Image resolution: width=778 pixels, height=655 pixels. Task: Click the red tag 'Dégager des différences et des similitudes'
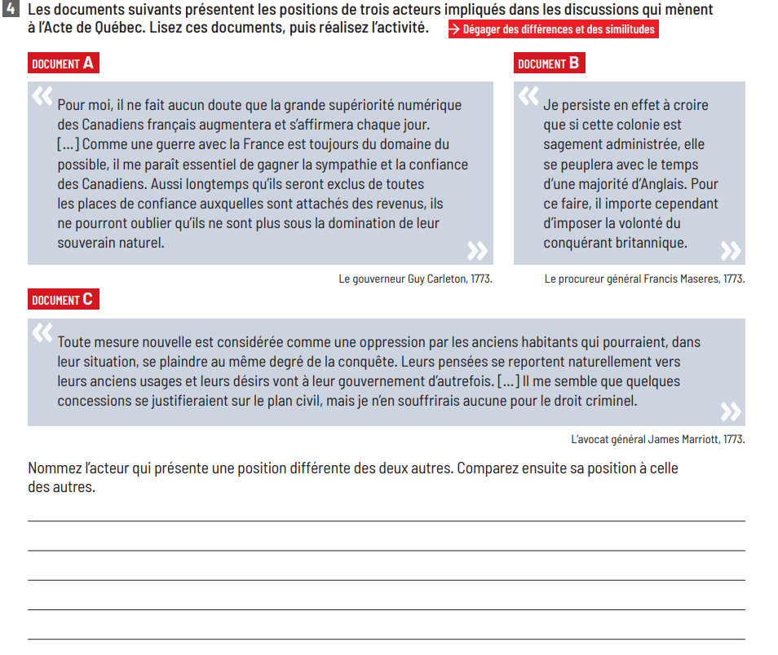click(552, 29)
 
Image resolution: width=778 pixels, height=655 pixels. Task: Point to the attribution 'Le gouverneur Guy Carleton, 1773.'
click(415, 279)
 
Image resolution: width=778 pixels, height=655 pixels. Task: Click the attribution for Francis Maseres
click(644, 279)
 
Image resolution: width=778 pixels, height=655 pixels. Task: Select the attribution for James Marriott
click(657, 439)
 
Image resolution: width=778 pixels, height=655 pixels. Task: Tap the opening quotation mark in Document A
click(42, 97)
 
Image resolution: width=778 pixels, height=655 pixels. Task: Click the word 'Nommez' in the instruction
click(55, 468)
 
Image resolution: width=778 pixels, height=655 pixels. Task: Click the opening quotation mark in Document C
click(42, 334)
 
